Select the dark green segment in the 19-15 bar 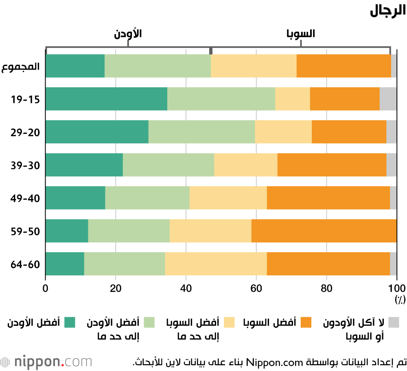(x=106, y=99)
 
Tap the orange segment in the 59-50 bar (x=324, y=231)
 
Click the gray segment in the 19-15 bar (x=388, y=99)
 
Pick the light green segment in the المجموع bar (x=158, y=66)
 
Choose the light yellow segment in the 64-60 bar (x=216, y=264)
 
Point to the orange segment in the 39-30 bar (x=332, y=165)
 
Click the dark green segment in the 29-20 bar (x=97, y=132)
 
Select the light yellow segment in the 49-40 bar (x=228, y=198)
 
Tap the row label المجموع (x=20, y=66)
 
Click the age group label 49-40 (x=25, y=198)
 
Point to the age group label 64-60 (x=25, y=264)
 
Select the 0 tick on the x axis (x=46, y=289)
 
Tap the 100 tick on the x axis (x=396, y=289)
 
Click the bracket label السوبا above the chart (x=301, y=34)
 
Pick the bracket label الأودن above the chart (x=128, y=34)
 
